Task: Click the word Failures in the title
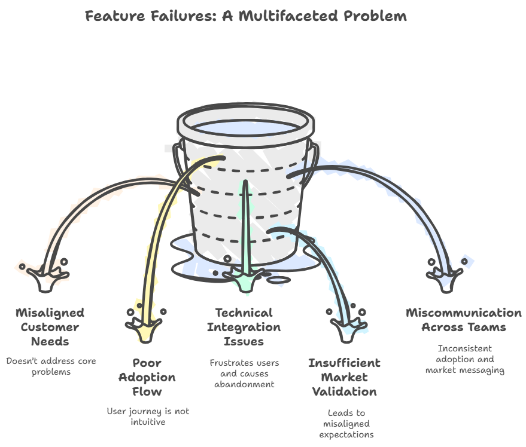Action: click(x=179, y=16)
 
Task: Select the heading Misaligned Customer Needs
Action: click(x=50, y=327)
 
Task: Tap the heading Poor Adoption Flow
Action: click(x=147, y=377)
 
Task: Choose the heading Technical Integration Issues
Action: click(x=244, y=327)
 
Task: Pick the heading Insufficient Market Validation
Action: click(x=343, y=377)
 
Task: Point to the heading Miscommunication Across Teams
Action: click(x=463, y=320)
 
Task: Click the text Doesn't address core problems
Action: click(x=51, y=366)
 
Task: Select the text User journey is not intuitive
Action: click(x=148, y=417)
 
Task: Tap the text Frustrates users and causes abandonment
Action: click(x=244, y=373)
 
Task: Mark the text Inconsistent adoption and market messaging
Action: click(x=465, y=359)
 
